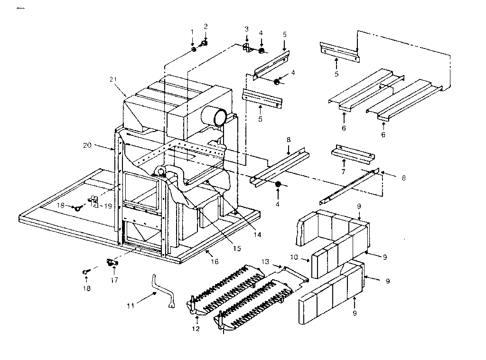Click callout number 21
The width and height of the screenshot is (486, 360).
point(112,80)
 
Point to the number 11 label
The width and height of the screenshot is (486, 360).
point(130,306)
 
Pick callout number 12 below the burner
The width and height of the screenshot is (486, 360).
point(196,329)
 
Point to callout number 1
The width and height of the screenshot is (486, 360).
point(192,31)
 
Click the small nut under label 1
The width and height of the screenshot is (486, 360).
point(194,49)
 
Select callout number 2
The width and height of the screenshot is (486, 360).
point(206,26)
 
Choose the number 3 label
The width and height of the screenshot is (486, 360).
point(246,29)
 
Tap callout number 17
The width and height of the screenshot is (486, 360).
point(114,280)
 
